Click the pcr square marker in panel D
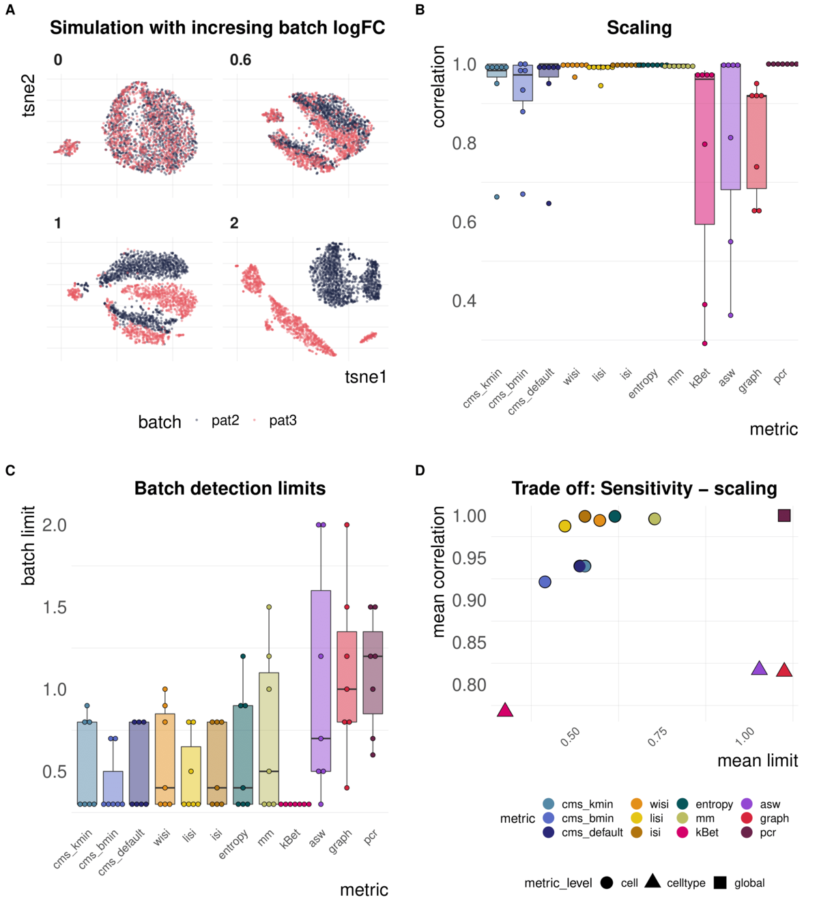click(784, 515)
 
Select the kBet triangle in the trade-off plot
click(505, 710)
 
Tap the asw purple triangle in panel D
click(759, 669)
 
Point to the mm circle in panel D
click(655, 519)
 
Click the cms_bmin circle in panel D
click(545, 582)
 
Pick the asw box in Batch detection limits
click(321, 680)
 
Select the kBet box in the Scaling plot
click(704, 150)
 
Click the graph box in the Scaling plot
click(756, 141)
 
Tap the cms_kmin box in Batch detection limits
click(87, 763)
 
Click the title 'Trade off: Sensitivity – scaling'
click(644, 488)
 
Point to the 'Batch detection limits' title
click(230, 488)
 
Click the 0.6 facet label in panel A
click(240, 60)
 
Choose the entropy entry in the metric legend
click(714, 804)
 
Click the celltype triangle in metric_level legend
click(652, 882)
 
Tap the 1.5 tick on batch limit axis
click(55, 607)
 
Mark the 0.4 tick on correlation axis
click(464, 301)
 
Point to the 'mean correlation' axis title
click(439, 572)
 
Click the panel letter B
click(420, 10)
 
